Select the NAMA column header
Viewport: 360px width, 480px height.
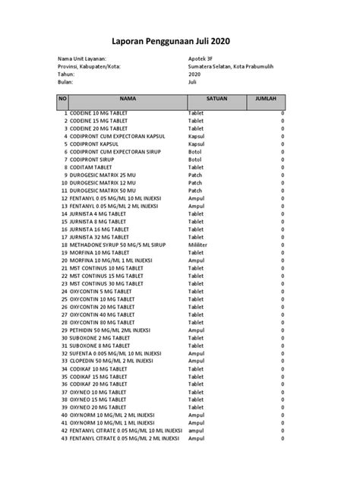tap(126, 99)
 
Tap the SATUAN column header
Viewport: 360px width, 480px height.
tap(215, 99)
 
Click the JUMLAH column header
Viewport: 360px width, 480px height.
tap(266, 99)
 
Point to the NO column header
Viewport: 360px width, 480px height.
tap(63, 99)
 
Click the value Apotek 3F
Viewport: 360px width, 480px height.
tap(202, 58)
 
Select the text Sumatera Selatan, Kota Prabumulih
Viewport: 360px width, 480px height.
tap(235, 66)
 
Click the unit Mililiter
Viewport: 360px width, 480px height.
tap(201, 247)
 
